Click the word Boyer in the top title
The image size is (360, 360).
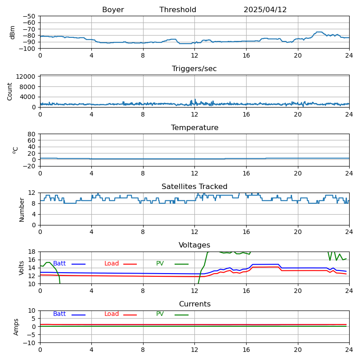[x=113, y=10]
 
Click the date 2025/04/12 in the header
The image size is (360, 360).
[x=265, y=10]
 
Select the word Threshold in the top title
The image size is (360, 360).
[x=178, y=10]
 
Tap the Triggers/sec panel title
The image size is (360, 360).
[x=194, y=69]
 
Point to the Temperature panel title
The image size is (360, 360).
[x=194, y=128]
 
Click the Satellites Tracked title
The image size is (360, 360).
[x=194, y=187]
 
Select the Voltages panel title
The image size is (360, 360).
[x=194, y=245]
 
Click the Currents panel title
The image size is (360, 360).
[x=194, y=304]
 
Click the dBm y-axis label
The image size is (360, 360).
[x=13, y=32]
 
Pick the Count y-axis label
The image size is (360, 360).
[x=10, y=91]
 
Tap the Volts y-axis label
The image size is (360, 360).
[x=22, y=268]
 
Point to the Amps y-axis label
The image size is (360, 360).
[x=16, y=327]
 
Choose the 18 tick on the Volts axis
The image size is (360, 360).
[x=32, y=252]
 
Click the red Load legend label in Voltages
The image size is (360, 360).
[x=112, y=264]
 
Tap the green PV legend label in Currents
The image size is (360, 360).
[x=160, y=314]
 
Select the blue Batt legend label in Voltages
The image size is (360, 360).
[x=59, y=264]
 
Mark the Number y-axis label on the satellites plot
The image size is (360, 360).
[x=22, y=209]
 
